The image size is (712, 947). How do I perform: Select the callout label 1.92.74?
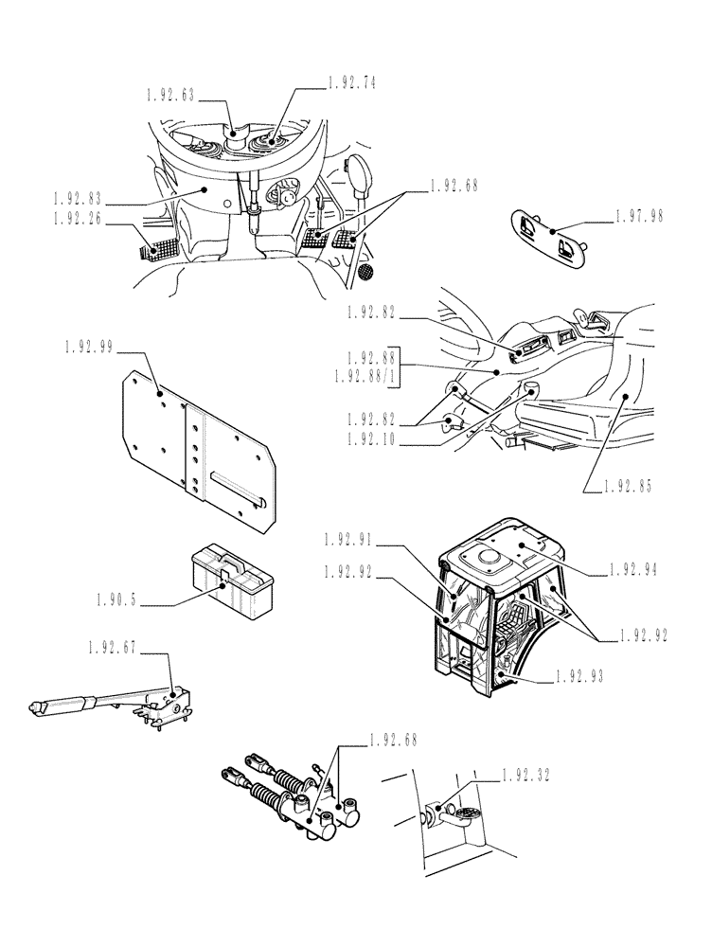352,83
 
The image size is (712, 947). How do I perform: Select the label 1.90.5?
117,599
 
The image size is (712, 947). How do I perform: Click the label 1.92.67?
113,649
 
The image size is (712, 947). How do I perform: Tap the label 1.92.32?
527,774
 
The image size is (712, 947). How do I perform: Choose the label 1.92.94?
634,571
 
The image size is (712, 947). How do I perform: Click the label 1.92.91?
349,540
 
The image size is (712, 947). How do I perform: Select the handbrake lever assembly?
123,704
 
